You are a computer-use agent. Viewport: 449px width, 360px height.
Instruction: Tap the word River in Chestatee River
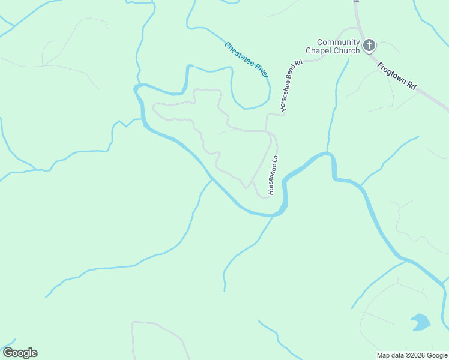[x=261, y=71]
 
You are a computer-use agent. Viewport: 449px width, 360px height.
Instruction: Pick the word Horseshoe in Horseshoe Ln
[x=271, y=181]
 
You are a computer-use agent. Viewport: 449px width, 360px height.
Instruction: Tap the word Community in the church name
[x=339, y=42]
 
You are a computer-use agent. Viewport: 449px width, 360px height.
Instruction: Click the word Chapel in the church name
[x=319, y=50]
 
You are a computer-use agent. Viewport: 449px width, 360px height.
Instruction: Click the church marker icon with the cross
[x=369, y=45]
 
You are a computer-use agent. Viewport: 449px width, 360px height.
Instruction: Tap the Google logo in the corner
[x=20, y=353]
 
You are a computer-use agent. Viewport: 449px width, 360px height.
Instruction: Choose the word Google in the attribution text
[x=437, y=355]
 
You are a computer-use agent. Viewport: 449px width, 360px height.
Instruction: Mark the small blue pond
[x=420, y=322]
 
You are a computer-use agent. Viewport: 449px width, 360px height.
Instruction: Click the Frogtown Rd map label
[x=397, y=77]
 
